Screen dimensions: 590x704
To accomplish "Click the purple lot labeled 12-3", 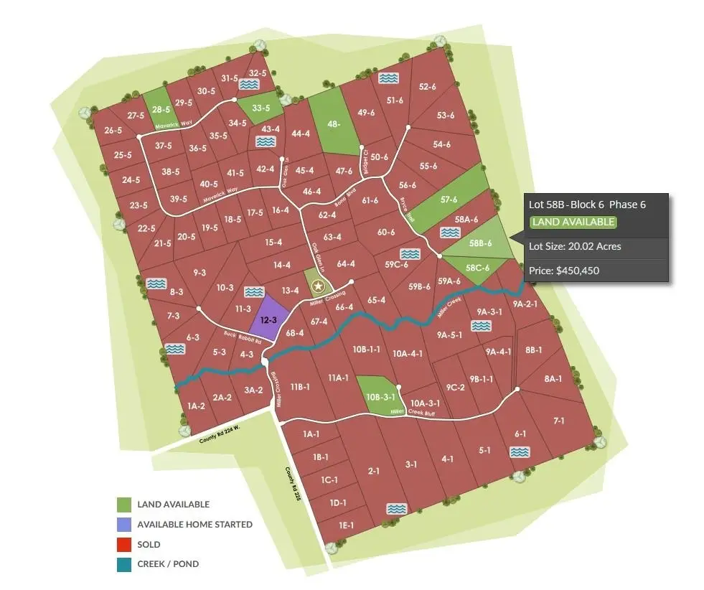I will click(x=269, y=318).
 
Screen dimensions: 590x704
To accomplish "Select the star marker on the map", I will click(x=319, y=286).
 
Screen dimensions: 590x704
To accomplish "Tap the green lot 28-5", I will click(x=161, y=110).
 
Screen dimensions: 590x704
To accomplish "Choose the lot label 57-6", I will click(x=449, y=200).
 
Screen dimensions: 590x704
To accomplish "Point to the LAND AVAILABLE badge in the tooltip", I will click(x=573, y=222).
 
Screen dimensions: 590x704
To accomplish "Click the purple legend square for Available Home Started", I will click(x=124, y=524).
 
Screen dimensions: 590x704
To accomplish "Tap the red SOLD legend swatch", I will click(x=124, y=544).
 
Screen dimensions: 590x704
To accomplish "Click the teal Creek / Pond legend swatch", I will click(x=124, y=564).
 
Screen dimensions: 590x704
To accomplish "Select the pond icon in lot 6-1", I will click(x=519, y=452).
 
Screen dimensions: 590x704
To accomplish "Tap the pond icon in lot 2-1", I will click(x=395, y=509).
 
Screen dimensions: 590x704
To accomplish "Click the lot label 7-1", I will click(x=559, y=421).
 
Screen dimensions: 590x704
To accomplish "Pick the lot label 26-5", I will click(x=113, y=131).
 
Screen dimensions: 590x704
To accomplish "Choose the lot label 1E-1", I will click(x=347, y=525).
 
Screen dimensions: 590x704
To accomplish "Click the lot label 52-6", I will click(x=427, y=87).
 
